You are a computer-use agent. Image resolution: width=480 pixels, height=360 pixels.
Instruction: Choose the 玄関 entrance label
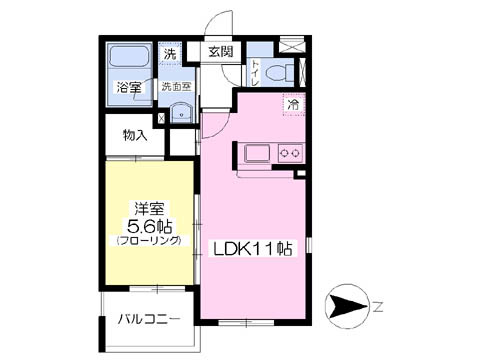221,53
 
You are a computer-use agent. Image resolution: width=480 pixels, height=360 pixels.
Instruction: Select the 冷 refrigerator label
294,102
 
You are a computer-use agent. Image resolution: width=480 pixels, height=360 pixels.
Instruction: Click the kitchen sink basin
252,153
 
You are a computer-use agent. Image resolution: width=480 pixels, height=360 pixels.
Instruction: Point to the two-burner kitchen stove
290,153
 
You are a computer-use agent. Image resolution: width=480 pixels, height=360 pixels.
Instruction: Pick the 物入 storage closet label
134,134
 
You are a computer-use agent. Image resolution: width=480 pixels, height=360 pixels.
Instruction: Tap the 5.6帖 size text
149,226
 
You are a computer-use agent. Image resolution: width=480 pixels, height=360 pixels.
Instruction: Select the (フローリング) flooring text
149,242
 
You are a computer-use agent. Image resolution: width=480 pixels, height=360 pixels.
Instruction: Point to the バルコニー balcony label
148,320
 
